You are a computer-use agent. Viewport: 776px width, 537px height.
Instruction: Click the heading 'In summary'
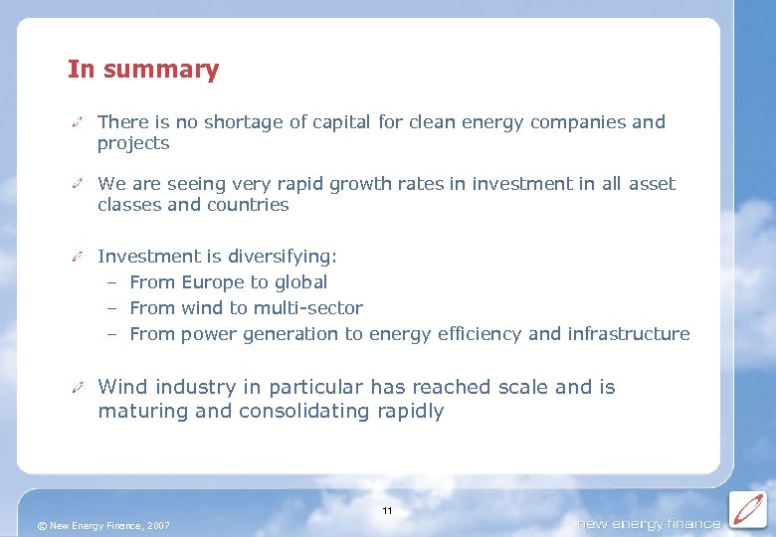click(x=143, y=70)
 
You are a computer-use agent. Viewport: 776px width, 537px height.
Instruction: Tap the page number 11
click(x=387, y=511)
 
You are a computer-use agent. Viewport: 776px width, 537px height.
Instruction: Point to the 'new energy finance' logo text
click(x=649, y=524)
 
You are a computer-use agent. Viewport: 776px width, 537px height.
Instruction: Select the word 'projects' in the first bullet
click(x=133, y=143)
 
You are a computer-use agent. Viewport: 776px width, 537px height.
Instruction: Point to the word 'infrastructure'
click(x=628, y=334)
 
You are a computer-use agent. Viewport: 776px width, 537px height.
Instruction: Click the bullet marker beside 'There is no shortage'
click(x=77, y=123)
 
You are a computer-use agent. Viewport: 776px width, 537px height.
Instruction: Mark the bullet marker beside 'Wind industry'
click(x=77, y=388)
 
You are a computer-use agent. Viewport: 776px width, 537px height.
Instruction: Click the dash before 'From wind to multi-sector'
click(x=113, y=308)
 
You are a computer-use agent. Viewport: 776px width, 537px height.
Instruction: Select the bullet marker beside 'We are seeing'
click(x=77, y=185)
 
